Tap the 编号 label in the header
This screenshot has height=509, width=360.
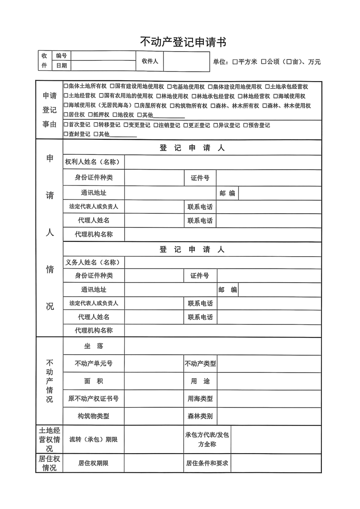(61, 56)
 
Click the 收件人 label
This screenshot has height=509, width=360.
(150, 61)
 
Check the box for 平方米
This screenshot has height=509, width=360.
(235, 62)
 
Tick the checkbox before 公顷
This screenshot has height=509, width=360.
(263, 62)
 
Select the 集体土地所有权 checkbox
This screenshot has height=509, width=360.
(66, 86)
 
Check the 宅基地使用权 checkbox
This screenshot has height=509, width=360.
(169, 86)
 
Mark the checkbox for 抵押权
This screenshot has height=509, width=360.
(90, 115)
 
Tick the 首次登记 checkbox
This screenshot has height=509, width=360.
(66, 125)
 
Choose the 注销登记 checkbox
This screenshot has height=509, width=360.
(155, 125)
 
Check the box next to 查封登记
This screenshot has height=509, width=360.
(66, 134)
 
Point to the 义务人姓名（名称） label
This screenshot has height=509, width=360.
(93, 262)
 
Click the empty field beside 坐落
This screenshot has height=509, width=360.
(223, 346)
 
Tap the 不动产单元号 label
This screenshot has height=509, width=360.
(94, 363)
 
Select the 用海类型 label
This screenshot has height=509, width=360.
(200, 399)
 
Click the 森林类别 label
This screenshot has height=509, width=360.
(200, 416)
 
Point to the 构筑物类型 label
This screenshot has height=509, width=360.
(94, 416)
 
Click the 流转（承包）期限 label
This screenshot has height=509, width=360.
(94, 439)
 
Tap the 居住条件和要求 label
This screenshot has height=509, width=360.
(207, 463)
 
